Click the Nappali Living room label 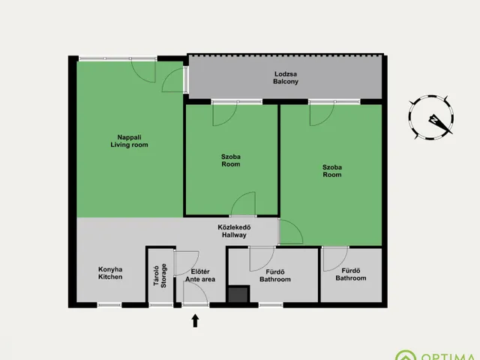129,141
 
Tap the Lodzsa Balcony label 286,78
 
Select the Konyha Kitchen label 110,273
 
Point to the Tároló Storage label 160,275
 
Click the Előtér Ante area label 200,275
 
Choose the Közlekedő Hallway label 234,231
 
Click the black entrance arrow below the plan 195,320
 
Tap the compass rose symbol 431,117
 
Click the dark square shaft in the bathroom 238,294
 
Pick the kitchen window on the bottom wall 109,305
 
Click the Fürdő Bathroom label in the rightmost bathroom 351,274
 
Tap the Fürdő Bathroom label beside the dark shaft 275,275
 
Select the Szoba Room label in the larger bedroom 332,171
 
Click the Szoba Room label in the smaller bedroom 231,160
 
